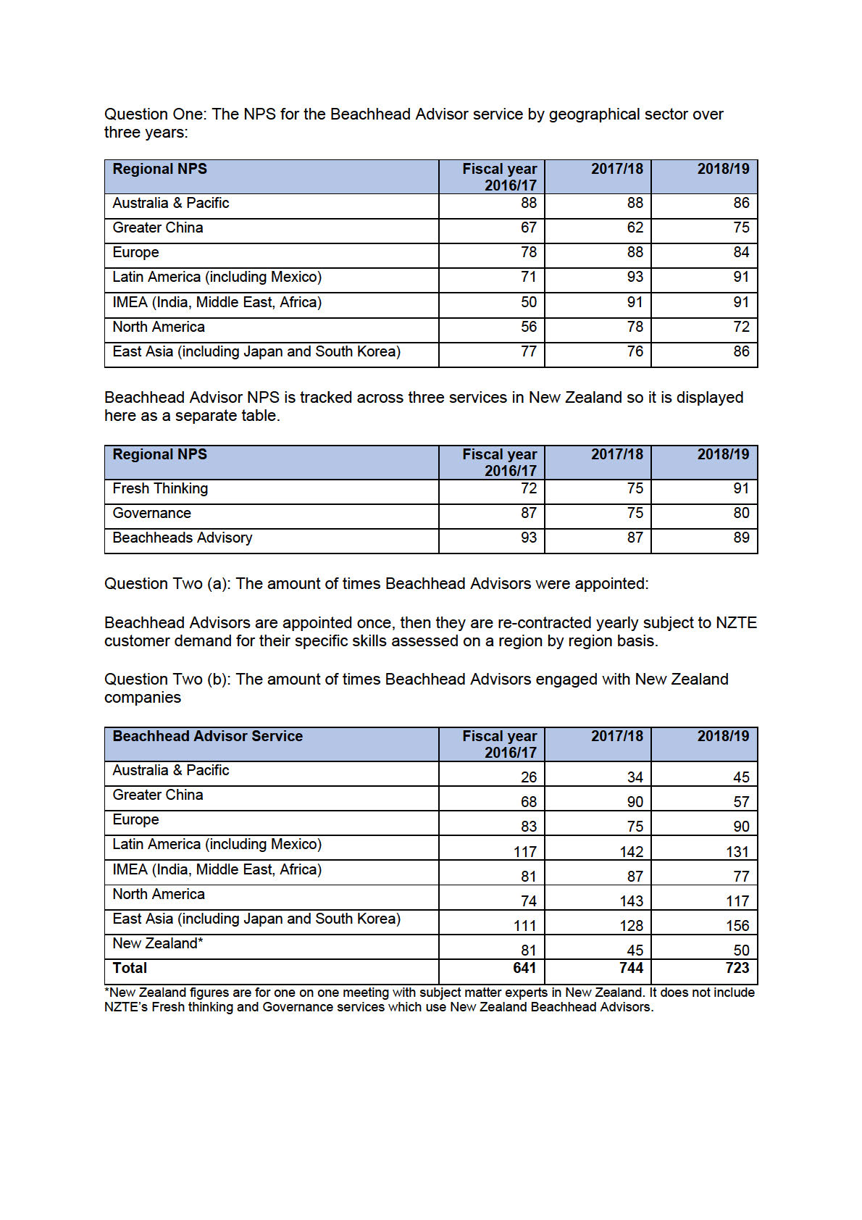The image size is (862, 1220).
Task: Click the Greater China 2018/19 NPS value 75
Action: click(x=740, y=228)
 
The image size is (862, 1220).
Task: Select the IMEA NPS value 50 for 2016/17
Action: click(x=528, y=303)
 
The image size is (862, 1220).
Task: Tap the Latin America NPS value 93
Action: click(x=635, y=277)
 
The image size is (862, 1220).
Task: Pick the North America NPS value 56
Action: click(x=528, y=327)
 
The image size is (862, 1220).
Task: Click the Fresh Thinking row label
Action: click(x=160, y=489)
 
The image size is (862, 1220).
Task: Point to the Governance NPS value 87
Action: click(x=528, y=514)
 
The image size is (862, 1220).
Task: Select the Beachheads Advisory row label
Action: click(x=183, y=538)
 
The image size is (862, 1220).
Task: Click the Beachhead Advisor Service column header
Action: click(x=207, y=737)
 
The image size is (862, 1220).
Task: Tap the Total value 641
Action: click(x=524, y=969)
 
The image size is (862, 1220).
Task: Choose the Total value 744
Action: click(x=631, y=969)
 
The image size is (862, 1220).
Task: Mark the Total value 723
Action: click(x=737, y=969)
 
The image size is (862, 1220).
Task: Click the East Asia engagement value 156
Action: click(x=737, y=926)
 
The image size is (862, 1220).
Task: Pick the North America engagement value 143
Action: click(x=631, y=901)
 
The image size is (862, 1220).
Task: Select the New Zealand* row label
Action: click(x=157, y=944)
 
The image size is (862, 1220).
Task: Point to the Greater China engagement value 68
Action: click(x=528, y=802)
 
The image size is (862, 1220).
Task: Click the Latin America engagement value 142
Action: click(x=631, y=852)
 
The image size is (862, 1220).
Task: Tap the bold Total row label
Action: click(x=130, y=969)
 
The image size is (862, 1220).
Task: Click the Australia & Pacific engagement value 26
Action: click(x=528, y=777)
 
